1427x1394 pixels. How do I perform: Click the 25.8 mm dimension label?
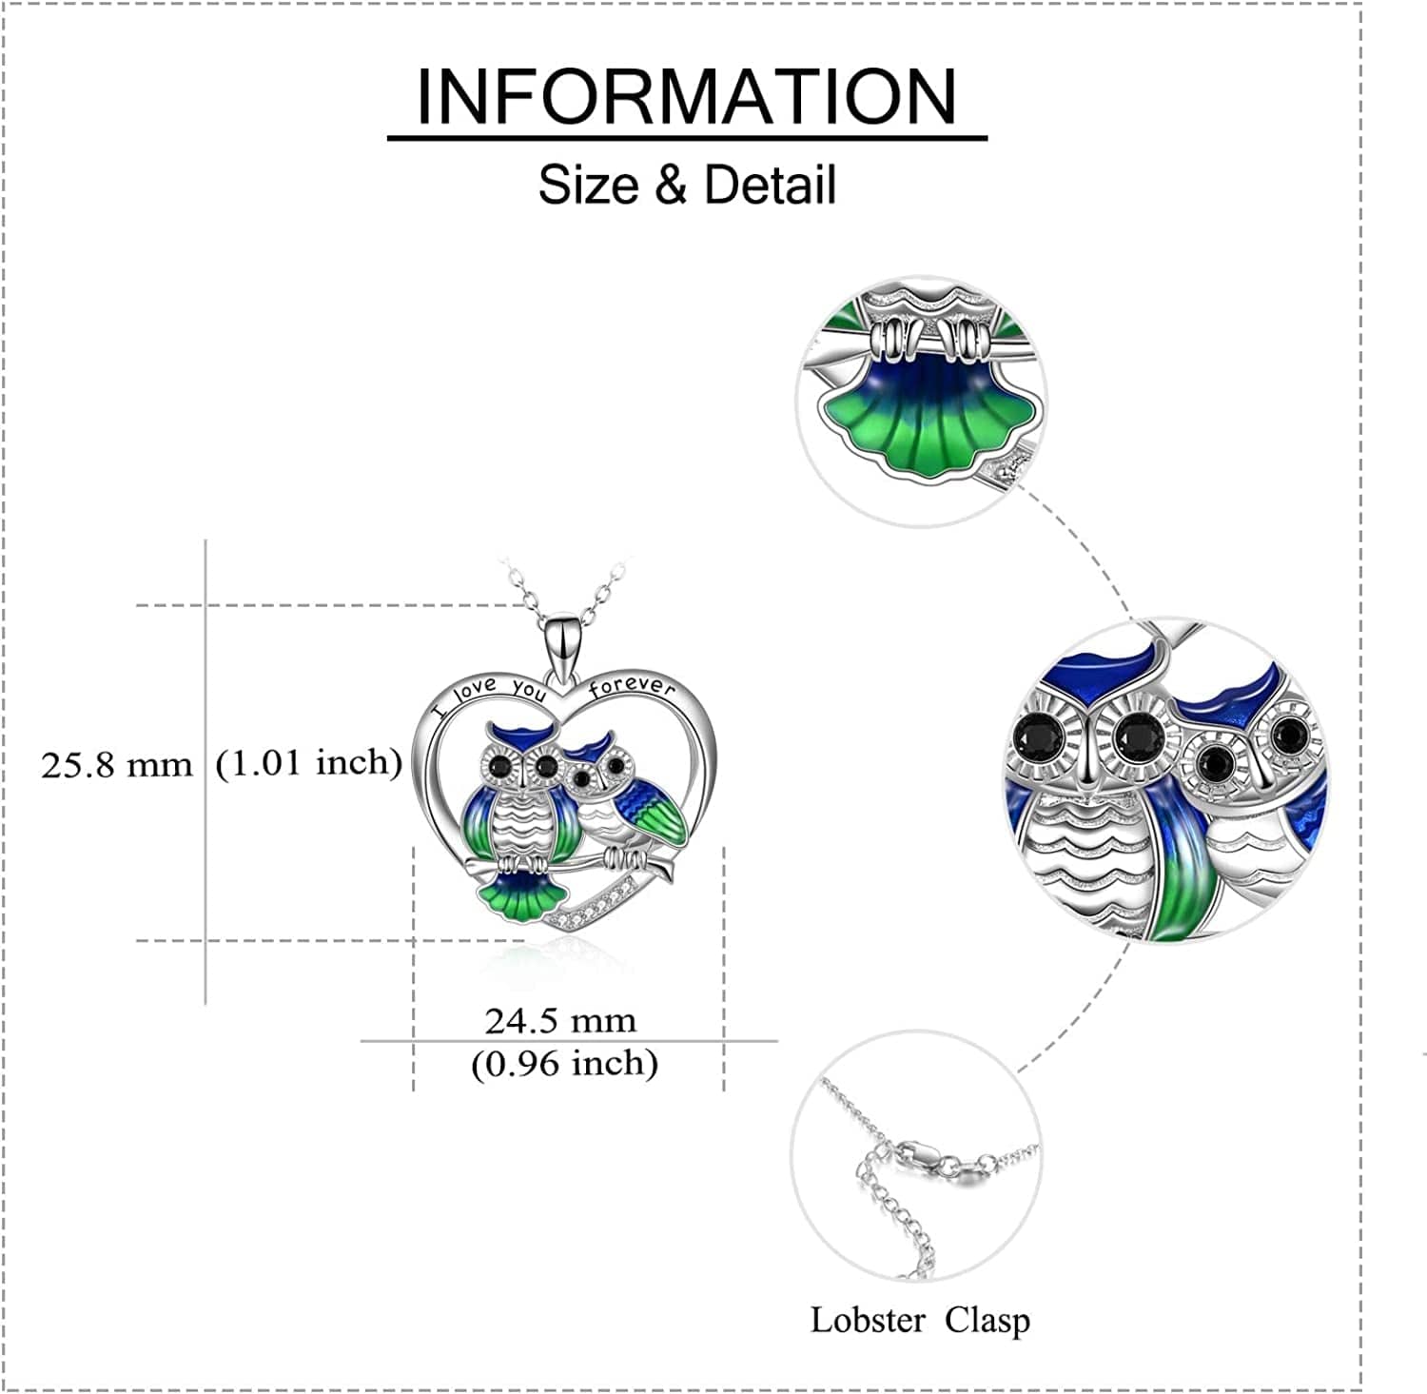click(116, 765)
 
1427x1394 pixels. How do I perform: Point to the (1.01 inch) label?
click(308, 762)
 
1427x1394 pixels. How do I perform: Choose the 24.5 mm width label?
click(559, 1021)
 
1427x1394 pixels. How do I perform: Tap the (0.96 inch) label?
click(564, 1063)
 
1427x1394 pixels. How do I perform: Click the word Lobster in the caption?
click(867, 1321)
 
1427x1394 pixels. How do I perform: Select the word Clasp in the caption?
click(987, 1321)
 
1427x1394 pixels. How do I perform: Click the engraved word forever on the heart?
click(632, 686)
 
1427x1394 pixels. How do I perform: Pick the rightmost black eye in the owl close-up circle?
click(1288, 734)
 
